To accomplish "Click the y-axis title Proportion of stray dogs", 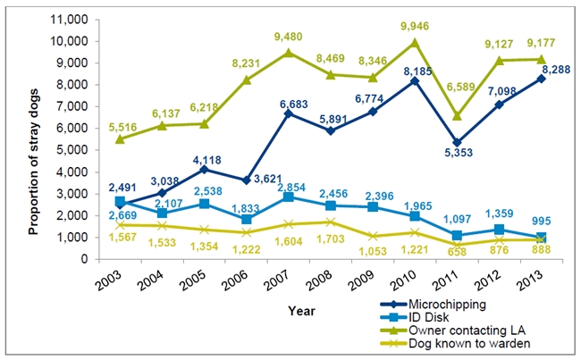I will point(33,139).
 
